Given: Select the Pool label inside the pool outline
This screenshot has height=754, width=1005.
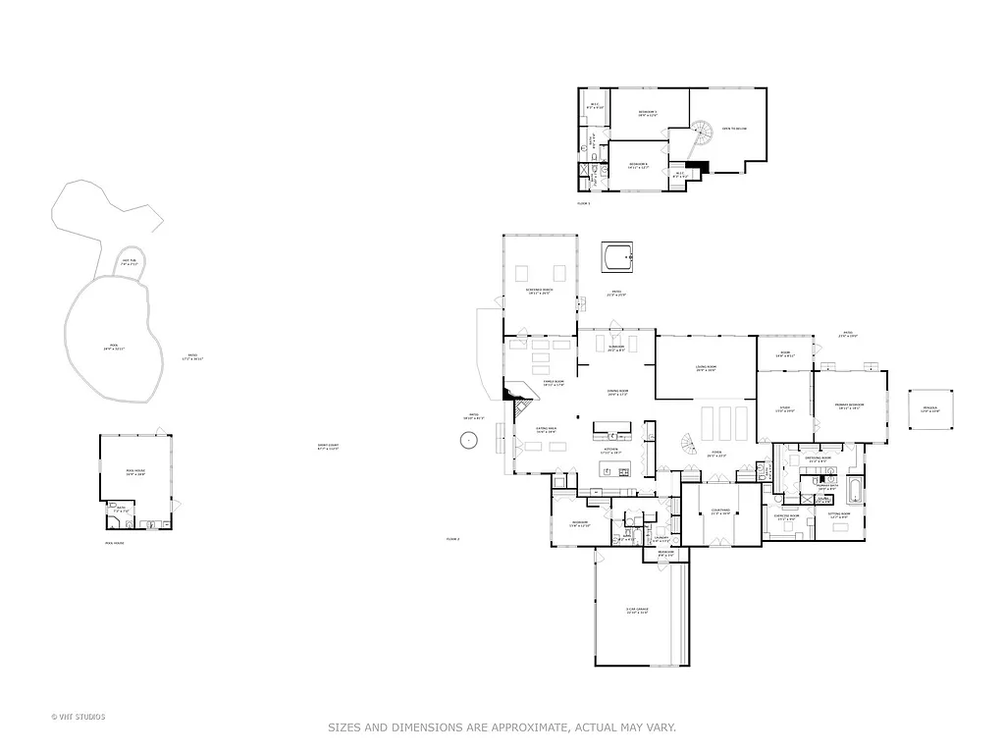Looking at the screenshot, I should pyautogui.click(x=115, y=347).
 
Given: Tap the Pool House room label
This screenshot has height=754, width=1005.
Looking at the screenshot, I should pyautogui.click(x=135, y=473).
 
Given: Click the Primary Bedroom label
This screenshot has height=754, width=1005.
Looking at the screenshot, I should pyautogui.click(x=848, y=405).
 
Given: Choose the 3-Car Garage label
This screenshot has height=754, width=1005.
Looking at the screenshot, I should pyautogui.click(x=637, y=611).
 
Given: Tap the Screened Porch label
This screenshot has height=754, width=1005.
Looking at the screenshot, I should pyautogui.click(x=539, y=292).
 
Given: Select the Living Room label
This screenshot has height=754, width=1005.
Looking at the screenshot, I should pyautogui.click(x=706, y=369).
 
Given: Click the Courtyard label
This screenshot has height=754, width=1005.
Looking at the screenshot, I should pyautogui.click(x=721, y=512).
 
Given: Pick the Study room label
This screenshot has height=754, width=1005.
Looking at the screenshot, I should pyautogui.click(x=785, y=408).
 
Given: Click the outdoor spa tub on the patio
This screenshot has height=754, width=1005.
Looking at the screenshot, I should pyautogui.click(x=618, y=259).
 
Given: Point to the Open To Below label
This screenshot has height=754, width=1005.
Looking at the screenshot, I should pyautogui.click(x=735, y=129).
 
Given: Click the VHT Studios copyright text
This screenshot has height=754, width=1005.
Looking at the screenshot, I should pyautogui.click(x=78, y=717).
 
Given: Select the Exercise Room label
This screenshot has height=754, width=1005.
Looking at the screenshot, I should pyautogui.click(x=786, y=516).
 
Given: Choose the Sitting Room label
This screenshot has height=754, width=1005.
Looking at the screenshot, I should pyautogui.click(x=839, y=514).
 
